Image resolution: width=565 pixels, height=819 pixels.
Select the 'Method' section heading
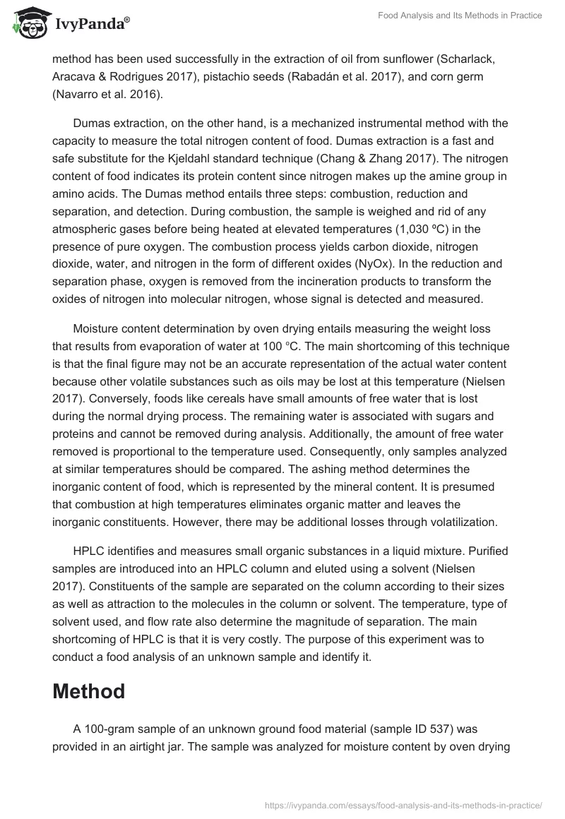(88, 691)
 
